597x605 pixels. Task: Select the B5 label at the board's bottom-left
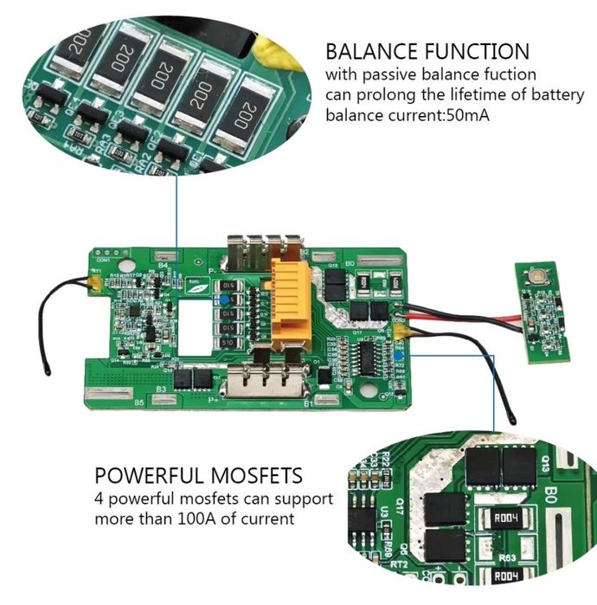[139, 402]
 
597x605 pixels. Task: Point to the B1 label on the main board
[305, 402]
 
